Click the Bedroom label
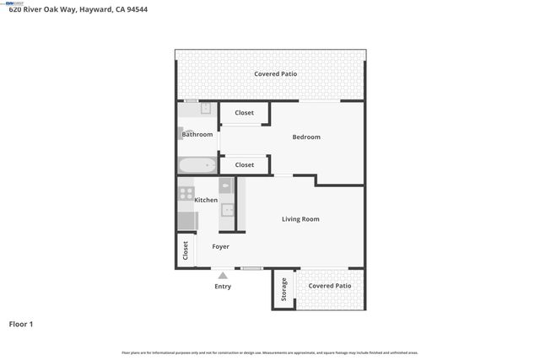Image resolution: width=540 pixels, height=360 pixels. coord(306,137)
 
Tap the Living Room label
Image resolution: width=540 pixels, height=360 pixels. coord(300,219)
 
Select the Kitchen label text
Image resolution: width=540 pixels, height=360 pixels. coord(206,201)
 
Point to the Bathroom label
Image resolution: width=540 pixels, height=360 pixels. coord(198,135)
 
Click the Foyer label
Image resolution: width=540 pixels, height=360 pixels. coord(220,246)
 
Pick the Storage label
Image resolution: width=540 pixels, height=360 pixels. coord(284,289)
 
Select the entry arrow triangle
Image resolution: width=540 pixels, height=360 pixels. coord(223,275)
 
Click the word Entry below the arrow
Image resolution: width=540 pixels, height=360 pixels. coord(223,287)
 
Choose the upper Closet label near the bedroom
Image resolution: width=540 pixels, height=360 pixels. coord(245,113)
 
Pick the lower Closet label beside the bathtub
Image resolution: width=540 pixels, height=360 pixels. coord(245,165)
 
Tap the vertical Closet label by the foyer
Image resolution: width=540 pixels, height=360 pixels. coord(186,250)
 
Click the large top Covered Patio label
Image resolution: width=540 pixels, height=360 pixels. coord(276,74)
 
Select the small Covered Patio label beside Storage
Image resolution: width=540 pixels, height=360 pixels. coord(330,287)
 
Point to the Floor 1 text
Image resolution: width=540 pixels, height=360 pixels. coord(21,324)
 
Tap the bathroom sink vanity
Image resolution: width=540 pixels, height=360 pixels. coord(205,110)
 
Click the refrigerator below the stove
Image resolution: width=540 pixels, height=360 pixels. coord(186,221)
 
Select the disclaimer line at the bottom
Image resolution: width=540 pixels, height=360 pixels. coord(270,352)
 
